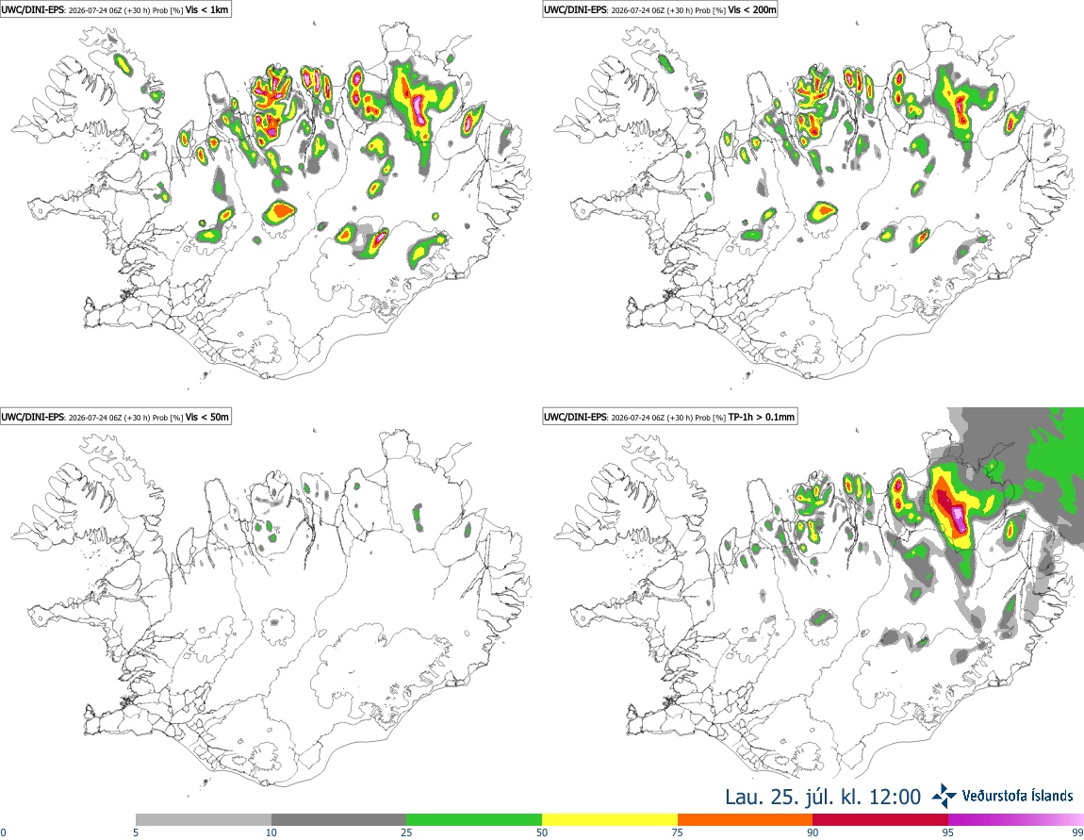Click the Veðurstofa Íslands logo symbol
[944, 797]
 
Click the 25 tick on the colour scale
[407, 832]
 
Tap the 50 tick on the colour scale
[542, 832]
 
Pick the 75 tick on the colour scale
[678, 832]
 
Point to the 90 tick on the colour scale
[813, 832]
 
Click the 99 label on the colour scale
[1077, 832]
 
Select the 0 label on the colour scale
[4, 832]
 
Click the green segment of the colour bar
[474, 820]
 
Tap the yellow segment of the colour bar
[610, 820]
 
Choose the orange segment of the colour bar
[746, 820]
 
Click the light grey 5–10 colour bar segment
[204, 820]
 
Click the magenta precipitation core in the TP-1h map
[958, 517]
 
